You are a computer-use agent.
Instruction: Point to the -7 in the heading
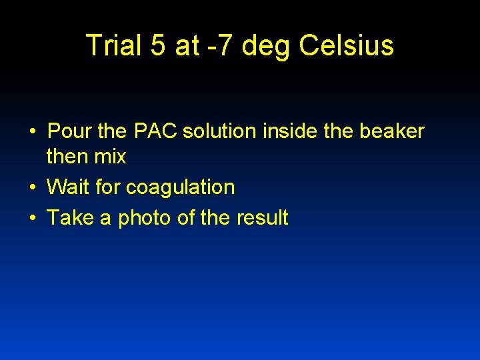pos(221,45)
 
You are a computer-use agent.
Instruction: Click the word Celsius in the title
pos(347,45)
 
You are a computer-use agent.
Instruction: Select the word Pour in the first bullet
pos(71,131)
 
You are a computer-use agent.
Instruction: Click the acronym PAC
pos(155,131)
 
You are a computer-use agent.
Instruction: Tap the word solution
pos(219,131)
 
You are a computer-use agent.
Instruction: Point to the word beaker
pos(391,131)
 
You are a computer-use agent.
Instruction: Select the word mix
pos(111,157)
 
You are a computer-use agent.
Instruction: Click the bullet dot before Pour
pos(32,133)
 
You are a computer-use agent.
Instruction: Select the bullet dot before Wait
pos(32,189)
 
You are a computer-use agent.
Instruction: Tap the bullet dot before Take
pos(32,219)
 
